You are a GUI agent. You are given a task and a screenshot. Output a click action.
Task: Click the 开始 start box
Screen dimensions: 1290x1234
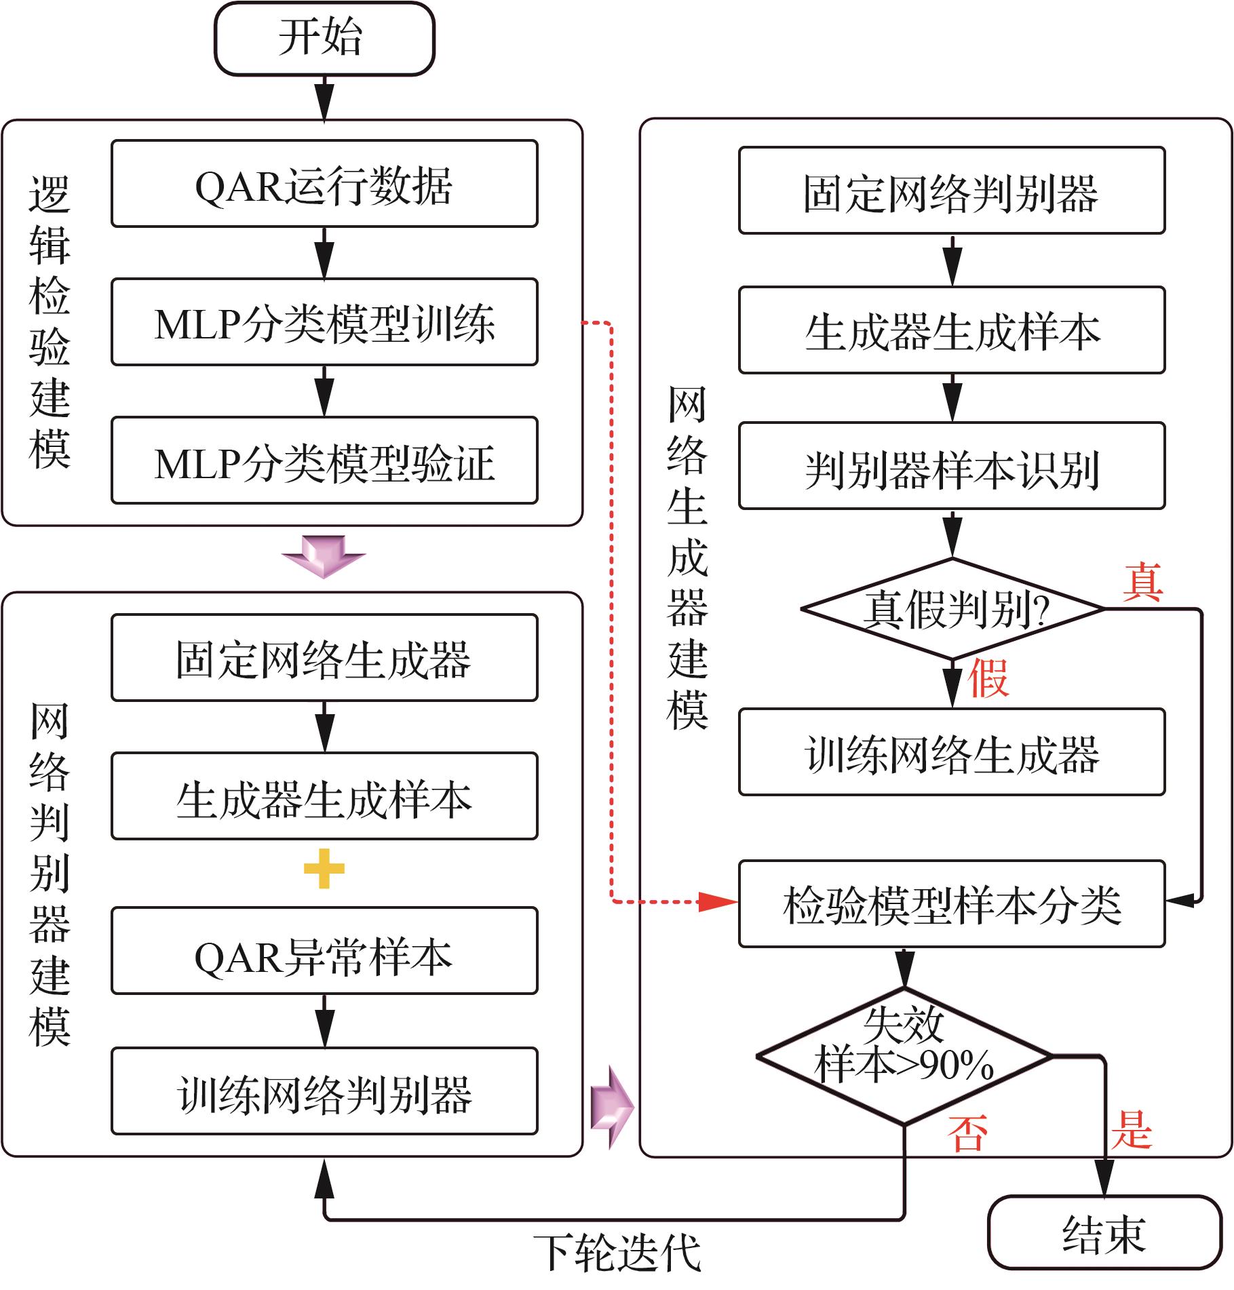click(x=324, y=39)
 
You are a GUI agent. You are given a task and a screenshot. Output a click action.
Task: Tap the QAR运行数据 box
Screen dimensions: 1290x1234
click(x=324, y=184)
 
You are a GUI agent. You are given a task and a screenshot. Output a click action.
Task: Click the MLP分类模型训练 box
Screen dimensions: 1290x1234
click(x=324, y=322)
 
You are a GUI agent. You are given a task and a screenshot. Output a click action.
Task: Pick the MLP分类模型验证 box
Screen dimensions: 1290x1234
click(x=324, y=461)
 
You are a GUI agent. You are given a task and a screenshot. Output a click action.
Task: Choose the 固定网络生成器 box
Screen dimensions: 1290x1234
click(x=324, y=658)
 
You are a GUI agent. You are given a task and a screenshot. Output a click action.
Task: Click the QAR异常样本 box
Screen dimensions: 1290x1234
click(x=324, y=951)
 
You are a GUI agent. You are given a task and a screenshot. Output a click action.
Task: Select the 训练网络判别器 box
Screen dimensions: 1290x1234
click(x=324, y=1091)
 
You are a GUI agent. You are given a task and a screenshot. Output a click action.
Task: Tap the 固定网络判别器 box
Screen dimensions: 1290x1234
click(x=952, y=191)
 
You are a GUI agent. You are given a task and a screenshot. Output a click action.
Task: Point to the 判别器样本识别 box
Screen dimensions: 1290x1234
click(x=952, y=466)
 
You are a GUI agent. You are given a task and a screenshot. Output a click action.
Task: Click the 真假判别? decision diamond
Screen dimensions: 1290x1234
click(x=952, y=609)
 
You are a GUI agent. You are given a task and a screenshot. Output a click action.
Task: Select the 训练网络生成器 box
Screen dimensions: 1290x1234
click(x=952, y=752)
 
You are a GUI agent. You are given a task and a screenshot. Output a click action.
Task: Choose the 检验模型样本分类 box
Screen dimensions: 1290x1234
click(x=952, y=904)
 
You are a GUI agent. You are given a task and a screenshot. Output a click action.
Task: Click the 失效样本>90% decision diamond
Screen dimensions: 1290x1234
click(x=904, y=1055)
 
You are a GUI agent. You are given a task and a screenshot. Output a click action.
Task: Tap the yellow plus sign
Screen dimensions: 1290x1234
click(x=324, y=868)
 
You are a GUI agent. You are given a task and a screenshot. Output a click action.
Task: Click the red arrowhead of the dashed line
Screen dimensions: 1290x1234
click(x=718, y=902)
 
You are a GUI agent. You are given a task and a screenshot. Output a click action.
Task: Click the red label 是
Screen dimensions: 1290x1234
click(x=1131, y=1129)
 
